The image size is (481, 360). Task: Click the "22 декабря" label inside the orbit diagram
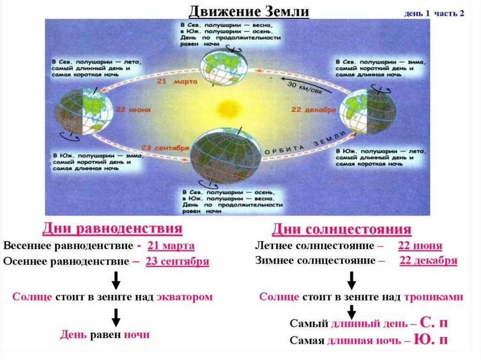(314, 110)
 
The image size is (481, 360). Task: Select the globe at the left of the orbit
(84, 112)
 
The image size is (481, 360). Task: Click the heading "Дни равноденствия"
(112, 229)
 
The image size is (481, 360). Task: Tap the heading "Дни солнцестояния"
(341, 230)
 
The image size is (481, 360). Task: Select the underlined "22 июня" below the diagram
(420, 245)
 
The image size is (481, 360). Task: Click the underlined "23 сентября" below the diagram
(177, 261)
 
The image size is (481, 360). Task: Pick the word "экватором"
(184, 297)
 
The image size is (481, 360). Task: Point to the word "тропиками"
(434, 297)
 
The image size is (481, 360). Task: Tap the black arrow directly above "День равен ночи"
(116, 317)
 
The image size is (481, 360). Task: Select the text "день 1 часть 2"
(434, 13)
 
